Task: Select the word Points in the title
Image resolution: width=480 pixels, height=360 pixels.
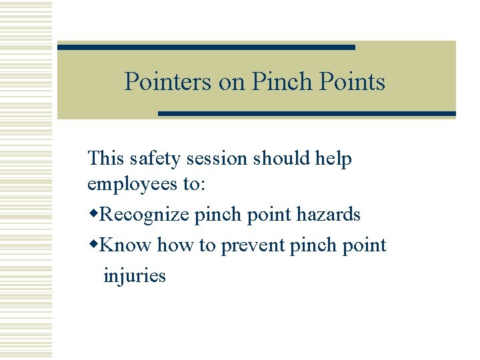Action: [x=353, y=82]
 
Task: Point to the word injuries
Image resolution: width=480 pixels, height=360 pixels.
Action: [x=135, y=275]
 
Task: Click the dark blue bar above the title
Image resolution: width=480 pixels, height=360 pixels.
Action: [x=206, y=47]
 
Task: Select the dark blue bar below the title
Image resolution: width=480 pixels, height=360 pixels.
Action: [x=307, y=114]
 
